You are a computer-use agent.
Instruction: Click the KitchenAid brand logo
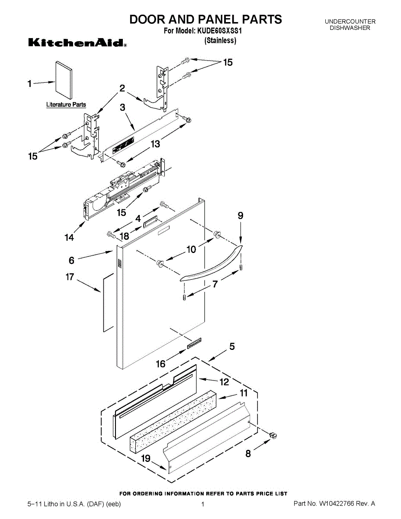pyautogui.click(x=77, y=42)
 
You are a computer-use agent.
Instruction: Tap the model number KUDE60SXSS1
pyautogui.click(x=219, y=31)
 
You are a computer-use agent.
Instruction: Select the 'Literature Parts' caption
pyautogui.click(x=66, y=104)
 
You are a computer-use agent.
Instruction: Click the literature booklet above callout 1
pyautogui.click(x=64, y=80)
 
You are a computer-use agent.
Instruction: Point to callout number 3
pyautogui.click(x=122, y=107)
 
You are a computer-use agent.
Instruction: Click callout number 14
pyautogui.click(x=69, y=237)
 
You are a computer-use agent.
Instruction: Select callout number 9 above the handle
pyautogui.click(x=241, y=215)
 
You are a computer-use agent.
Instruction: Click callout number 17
pyautogui.click(x=70, y=277)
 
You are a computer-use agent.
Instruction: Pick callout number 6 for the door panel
pyautogui.click(x=71, y=260)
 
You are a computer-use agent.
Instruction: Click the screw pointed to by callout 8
pyautogui.click(x=273, y=436)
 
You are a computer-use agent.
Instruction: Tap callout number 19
pyautogui.click(x=146, y=458)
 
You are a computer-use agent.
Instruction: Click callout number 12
pyautogui.click(x=224, y=382)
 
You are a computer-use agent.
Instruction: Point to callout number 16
pyautogui.click(x=161, y=364)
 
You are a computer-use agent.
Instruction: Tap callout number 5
pyautogui.click(x=232, y=346)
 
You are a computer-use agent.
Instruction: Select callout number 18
pyautogui.click(x=124, y=236)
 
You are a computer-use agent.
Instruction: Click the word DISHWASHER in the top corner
pyautogui.click(x=350, y=28)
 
